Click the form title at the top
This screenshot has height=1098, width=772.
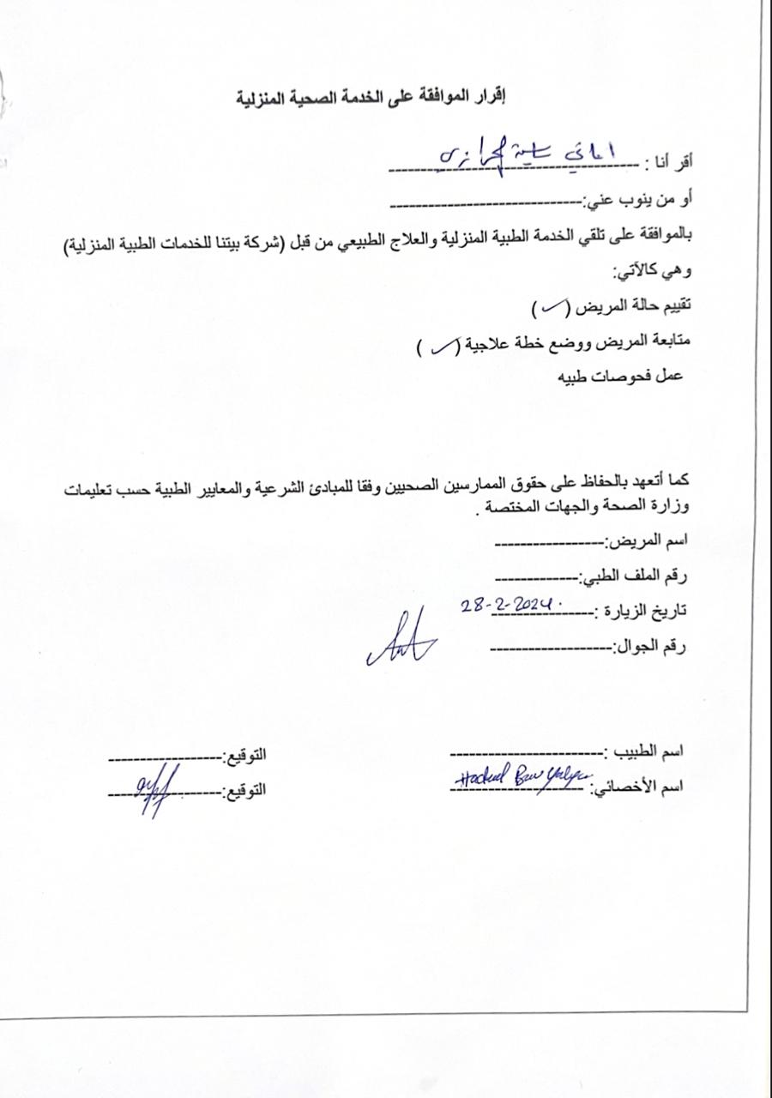[x=371, y=96]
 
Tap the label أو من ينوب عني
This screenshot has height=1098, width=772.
[x=639, y=200]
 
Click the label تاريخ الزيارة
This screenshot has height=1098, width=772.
[x=642, y=611]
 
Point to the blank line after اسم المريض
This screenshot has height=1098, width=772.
[x=549, y=544]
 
